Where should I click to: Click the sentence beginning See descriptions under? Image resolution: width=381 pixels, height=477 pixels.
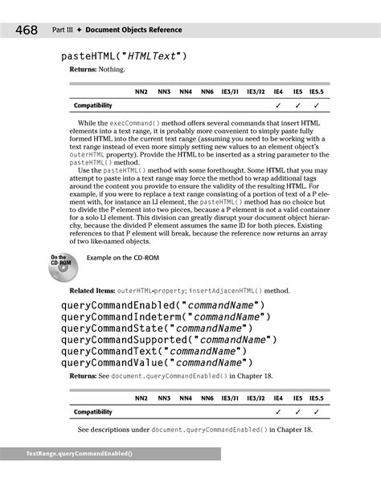(x=195, y=429)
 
